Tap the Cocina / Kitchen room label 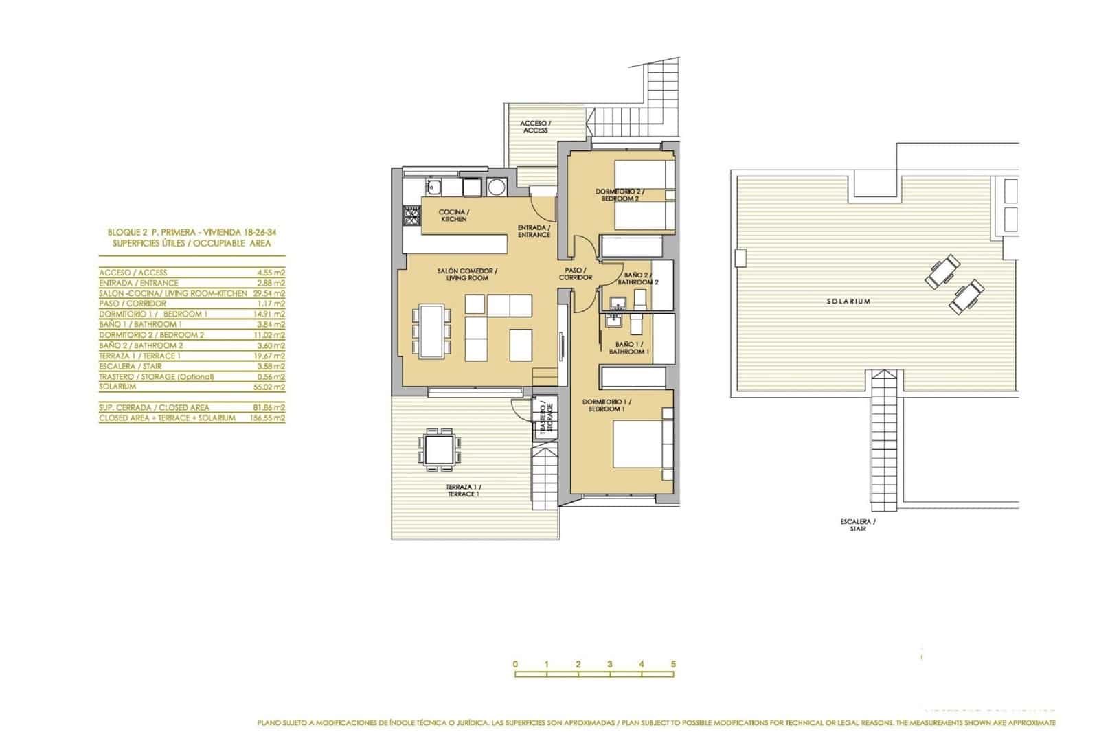pos(453,216)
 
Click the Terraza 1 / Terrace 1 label pos(464,490)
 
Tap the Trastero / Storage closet pos(546,419)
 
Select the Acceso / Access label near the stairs pos(535,127)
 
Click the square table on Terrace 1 pos(439,450)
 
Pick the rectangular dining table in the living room pos(431,332)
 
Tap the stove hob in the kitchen pos(411,218)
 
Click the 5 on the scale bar pos(674,664)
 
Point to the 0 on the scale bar pos(514,664)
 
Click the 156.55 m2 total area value pos(269,418)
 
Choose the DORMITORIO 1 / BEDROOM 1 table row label pos(153,314)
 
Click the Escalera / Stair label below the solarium pos(858,525)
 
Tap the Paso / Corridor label pos(576,274)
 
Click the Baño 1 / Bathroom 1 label pos(628,348)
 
